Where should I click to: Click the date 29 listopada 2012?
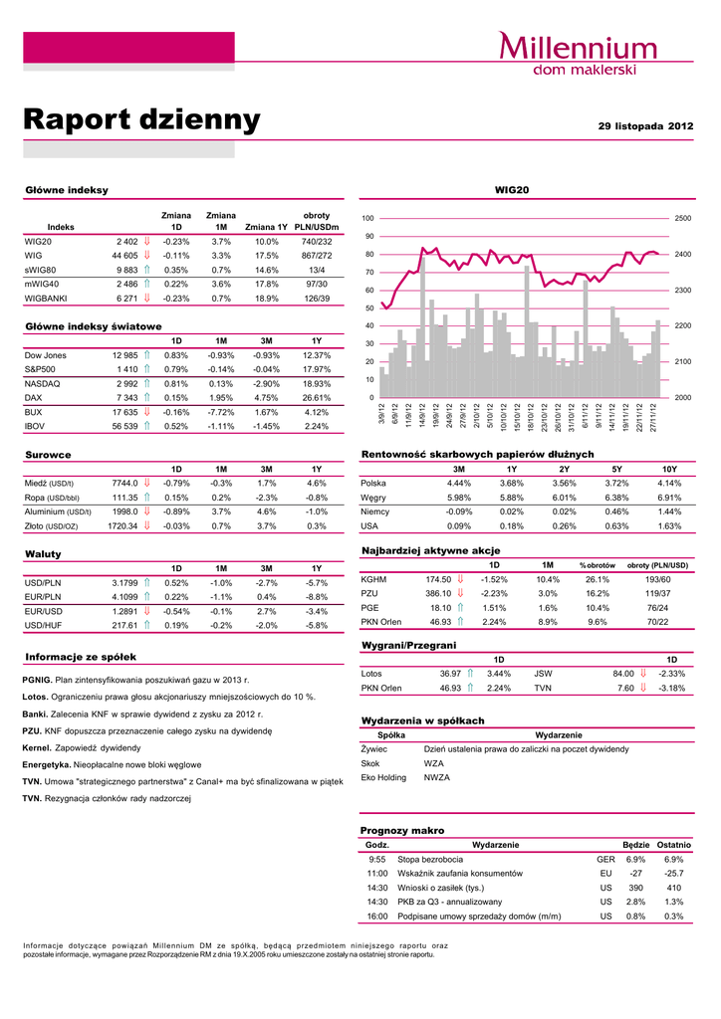tap(645, 126)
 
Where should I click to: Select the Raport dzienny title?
tap(141, 121)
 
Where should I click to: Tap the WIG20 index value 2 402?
tap(126, 241)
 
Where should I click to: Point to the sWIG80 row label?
tap(41, 269)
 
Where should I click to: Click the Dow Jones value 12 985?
tap(124, 355)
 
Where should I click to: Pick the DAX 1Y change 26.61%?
tap(316, 397)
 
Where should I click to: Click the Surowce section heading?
tap(48, 455)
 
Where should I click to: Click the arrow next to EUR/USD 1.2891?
tap(146, 611)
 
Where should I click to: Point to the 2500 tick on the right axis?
tap(683, 218)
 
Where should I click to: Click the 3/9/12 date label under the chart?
tap(382, 414)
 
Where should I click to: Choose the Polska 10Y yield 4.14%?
tap(669, 483)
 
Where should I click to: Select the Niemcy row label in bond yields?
tap(376, 511)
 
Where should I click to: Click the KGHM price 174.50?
tap(438, 579)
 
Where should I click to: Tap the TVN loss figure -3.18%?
tap(670, 688)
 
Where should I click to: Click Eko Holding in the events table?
tap(383, 777)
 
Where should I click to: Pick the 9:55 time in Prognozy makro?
tap(376, 859)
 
